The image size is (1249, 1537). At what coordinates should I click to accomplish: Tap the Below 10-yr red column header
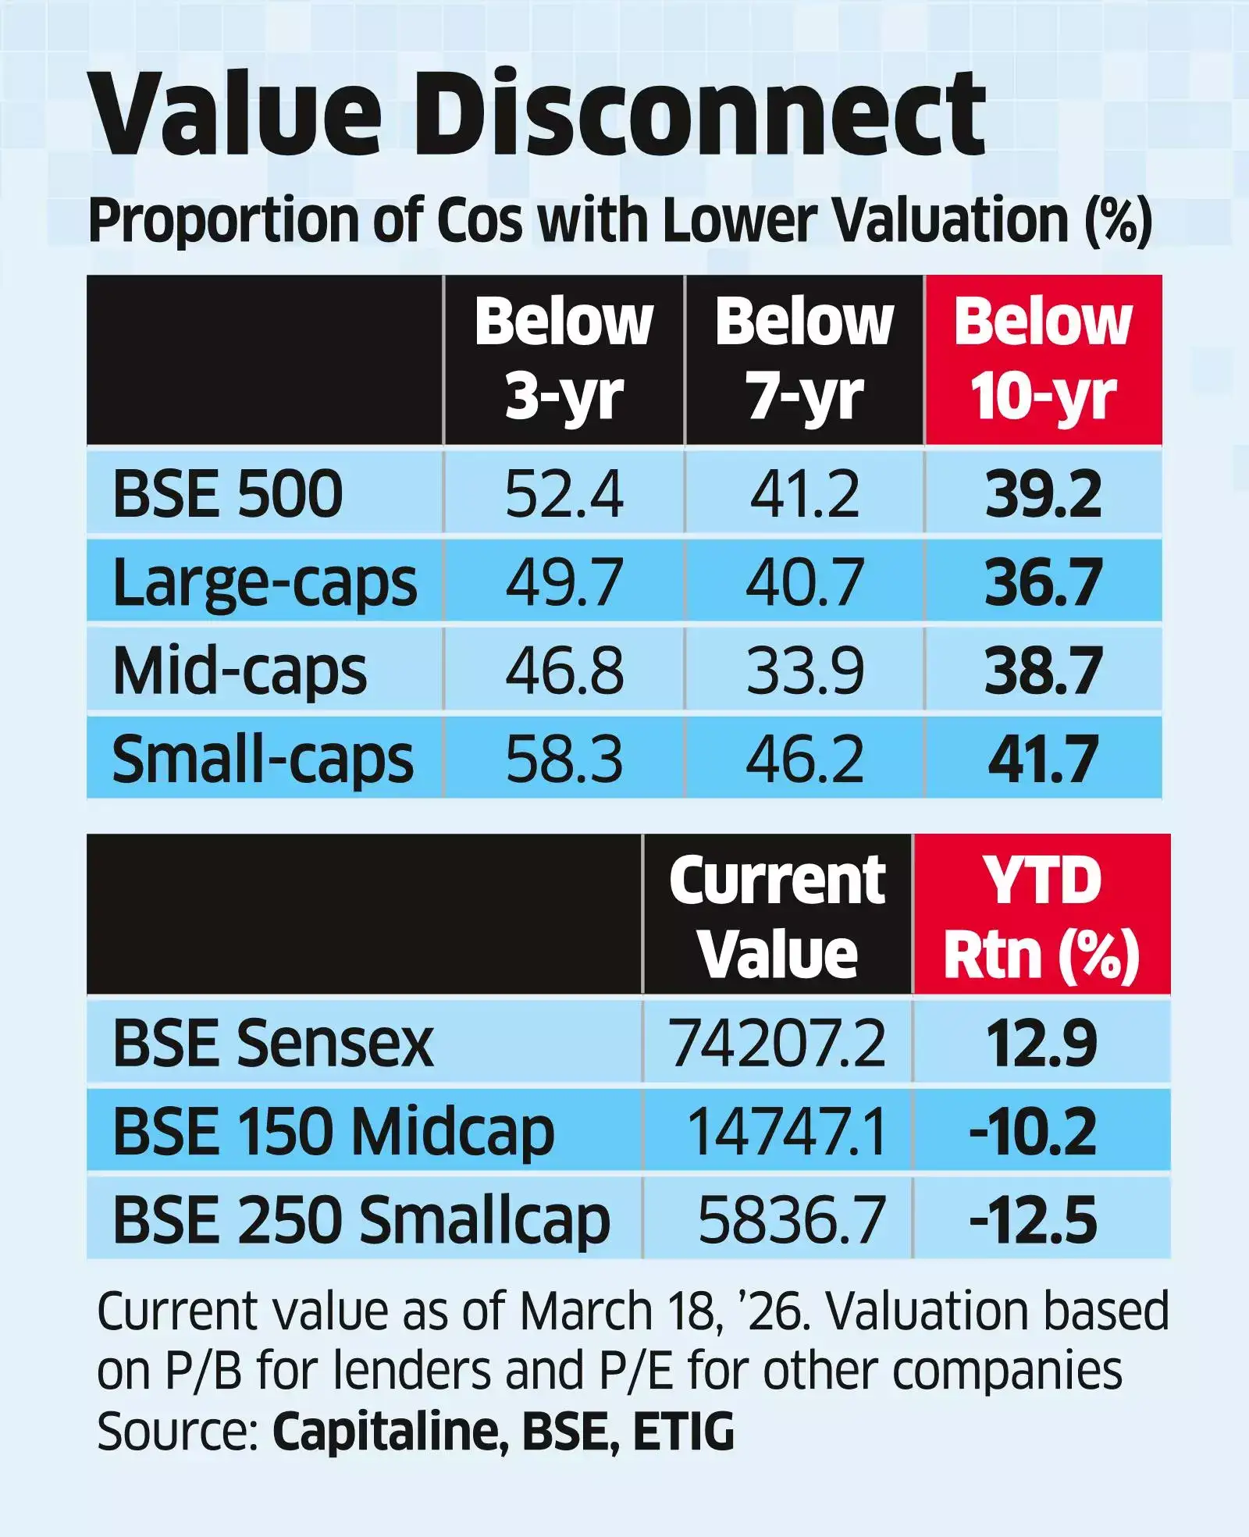pos(1043,359)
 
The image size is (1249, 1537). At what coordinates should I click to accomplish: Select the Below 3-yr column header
pos(564,359)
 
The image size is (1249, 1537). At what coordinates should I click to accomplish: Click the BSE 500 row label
pos(227,493)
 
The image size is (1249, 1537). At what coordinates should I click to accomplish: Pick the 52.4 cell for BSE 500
pos(564,493)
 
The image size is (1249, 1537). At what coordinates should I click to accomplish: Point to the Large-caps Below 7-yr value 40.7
pos(804,582)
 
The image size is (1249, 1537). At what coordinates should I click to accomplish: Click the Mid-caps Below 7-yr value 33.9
pos(804,671)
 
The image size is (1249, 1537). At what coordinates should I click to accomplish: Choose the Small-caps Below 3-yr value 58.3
pos(564,759)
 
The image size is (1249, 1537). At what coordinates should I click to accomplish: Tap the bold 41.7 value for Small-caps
pos(1043,759)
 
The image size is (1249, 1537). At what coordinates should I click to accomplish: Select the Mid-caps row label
pos(240,671)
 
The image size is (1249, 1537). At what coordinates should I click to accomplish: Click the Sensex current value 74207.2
pos(777,1044)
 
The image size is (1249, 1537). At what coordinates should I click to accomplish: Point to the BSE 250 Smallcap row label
pos(361,1220)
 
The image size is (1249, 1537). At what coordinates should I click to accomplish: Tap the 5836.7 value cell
pos(791,1220)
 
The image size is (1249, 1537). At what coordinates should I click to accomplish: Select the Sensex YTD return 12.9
pos(1041,1044)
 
